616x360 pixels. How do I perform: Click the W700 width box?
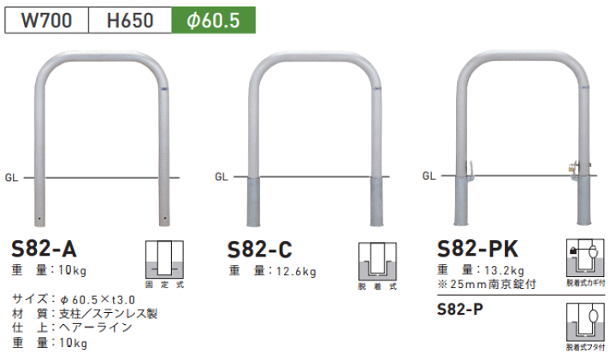coord(47,20)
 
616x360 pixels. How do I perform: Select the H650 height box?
coord(130,20)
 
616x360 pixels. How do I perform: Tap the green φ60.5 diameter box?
coord(213,20)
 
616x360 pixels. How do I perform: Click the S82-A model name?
coord(44,249)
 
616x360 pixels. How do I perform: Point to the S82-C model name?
coord(260,250)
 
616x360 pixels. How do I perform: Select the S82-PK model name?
coord(477,249)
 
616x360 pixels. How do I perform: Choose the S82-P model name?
coord(460,310)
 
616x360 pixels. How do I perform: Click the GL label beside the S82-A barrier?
coord(11,178)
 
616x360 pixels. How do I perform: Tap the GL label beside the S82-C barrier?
coord(222,177)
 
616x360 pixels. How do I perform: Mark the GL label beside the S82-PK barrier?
coord(429,176)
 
